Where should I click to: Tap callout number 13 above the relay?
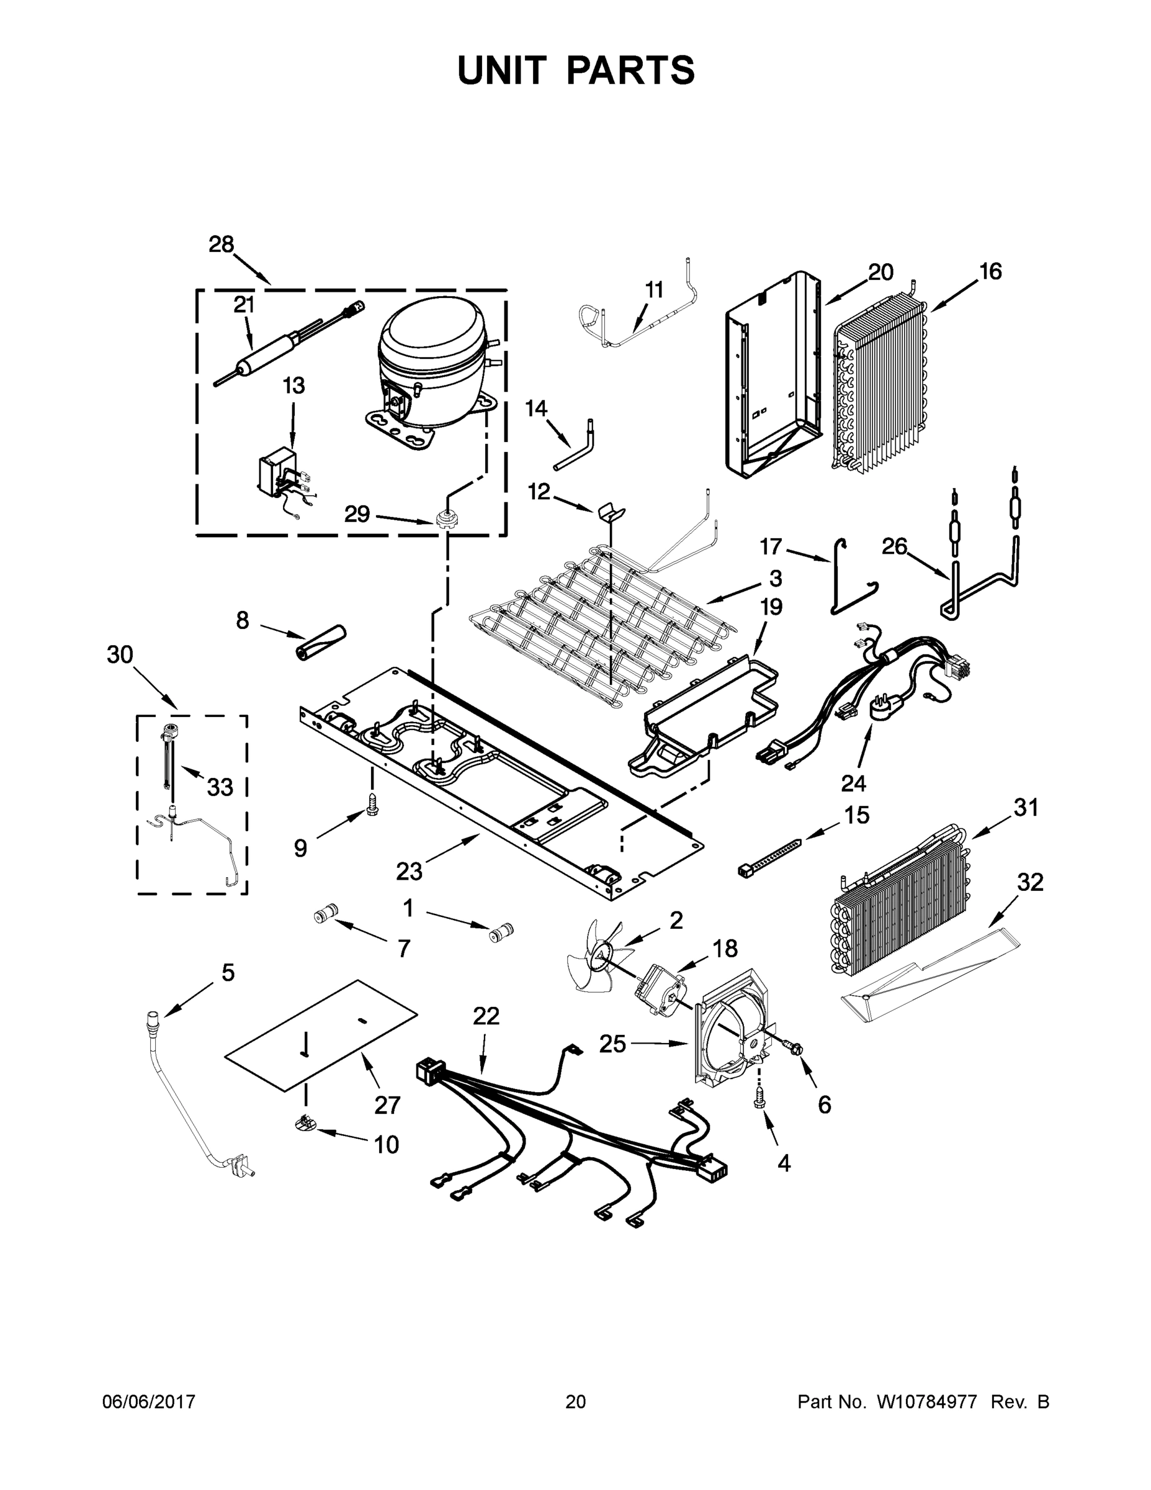pyautogui.click(x=293, y=386)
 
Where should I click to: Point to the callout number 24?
pyautogui.click(x=853, y=783)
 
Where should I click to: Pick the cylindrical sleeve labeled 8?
pyautogui.click(x=320, y=642)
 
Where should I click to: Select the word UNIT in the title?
pyautogui.click(x=502, y=70)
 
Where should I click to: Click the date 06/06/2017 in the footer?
pyautogui.click(x=149, y=1401)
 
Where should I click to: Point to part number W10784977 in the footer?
pyautogui.click(x=929, y=1401)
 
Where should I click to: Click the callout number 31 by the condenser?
pyautogui.click(x=1026, y=808)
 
